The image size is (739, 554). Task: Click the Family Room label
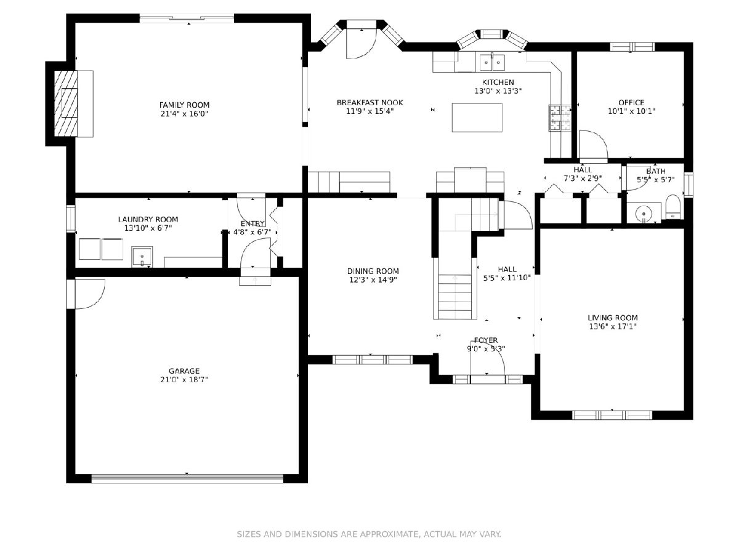tap(184, 105)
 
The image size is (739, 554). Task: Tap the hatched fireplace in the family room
tap(66, 103)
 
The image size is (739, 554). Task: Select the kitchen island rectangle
tap(477, 118)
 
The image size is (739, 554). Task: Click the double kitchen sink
tap(492, 62)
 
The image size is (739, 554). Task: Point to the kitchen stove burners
tap(560, 118)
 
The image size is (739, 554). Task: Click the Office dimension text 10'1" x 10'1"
tap(631, 111)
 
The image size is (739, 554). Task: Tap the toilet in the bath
tap(673, 207)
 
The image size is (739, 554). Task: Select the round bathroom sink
tap(644, 213)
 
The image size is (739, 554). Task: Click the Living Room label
tap(612, 318)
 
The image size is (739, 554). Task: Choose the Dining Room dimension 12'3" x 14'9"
tap(373, 279)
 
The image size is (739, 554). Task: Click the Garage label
tap(184, 371)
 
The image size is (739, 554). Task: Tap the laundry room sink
tap(142, 257)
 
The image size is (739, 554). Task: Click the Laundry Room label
tap(148, 219)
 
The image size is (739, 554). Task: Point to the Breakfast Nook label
tap(370, 102)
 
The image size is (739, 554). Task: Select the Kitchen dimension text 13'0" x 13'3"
tap(498, 91)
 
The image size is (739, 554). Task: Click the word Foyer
tap(486, 340)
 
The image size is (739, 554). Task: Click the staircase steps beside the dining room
tap(455, 297)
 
